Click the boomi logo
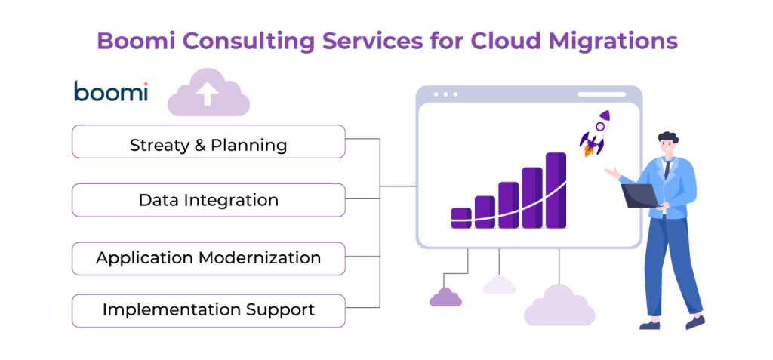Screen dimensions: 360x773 pos(111,92)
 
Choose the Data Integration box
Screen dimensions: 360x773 pos(208,200)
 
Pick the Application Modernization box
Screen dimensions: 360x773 pos(208,258)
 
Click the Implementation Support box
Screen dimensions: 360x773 pos(208,310)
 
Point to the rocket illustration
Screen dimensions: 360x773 pos(596,133)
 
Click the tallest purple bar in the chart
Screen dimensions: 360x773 pos(556,190)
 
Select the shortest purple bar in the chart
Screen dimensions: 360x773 pos(460,217)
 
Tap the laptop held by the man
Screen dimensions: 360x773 pos(639,195)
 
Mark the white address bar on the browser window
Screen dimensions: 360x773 pos(602,94)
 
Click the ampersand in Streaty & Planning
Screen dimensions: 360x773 pos(199,145)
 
